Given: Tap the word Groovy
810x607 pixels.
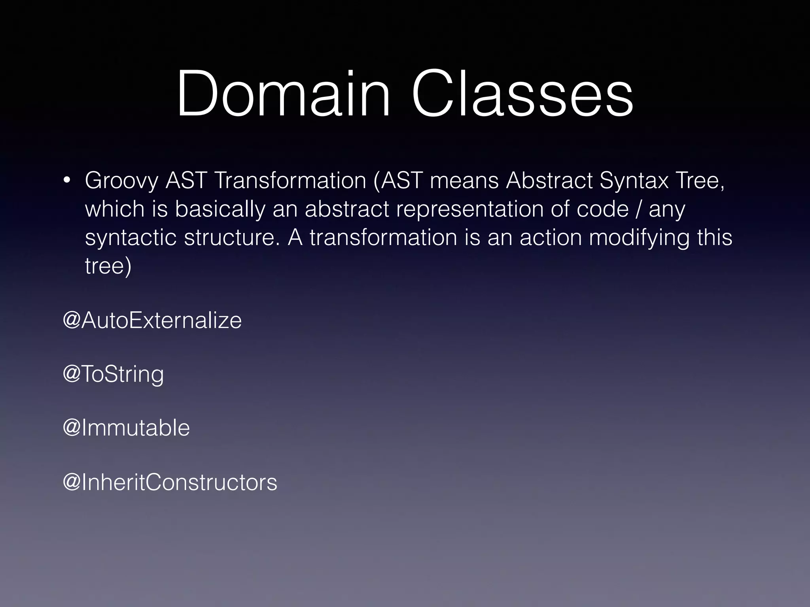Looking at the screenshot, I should click(x=121, y=181).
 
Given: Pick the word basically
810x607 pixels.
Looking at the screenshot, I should click(x=220, y=209).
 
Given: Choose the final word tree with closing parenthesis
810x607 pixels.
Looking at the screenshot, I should click(x=108, y=266).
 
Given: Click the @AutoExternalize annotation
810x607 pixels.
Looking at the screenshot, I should click(x=152, y=320).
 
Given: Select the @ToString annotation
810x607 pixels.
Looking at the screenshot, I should click(x=113, y=374).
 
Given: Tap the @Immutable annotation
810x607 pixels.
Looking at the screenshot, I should click(x=126, y=428).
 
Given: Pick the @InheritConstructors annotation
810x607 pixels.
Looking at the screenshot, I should click(x=170, y=482).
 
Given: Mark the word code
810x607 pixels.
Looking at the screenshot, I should click(x=602, y=209).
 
